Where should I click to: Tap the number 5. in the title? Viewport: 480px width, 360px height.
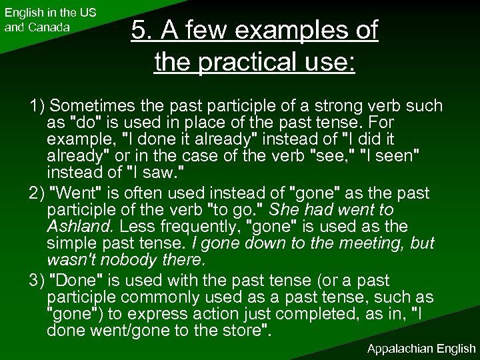143,31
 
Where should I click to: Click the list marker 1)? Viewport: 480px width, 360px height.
38,106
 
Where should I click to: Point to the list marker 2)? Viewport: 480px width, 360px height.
38,193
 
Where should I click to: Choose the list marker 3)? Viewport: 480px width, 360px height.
38,281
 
